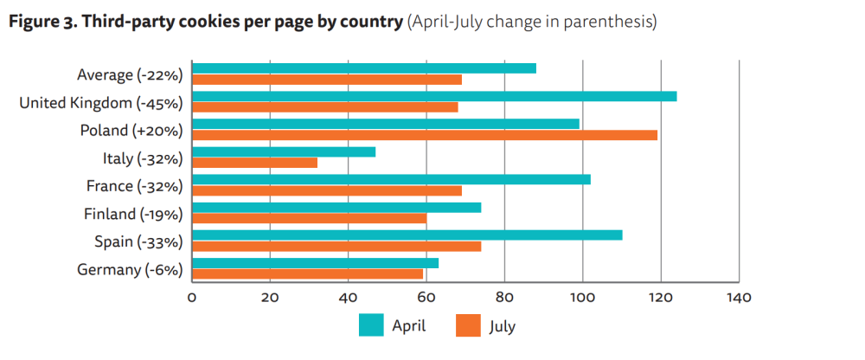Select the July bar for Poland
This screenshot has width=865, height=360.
(x=425, y=135)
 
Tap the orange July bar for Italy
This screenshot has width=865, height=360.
(x=255, y=163)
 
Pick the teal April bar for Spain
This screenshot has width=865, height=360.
(x=407, y=235)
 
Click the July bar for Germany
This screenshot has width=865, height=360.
(x=307, y=273)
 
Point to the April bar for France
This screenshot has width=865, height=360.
(x=391, y=179)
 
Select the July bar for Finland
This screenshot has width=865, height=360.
(x=310, y=218)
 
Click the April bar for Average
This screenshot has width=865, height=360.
(x=364, y=68)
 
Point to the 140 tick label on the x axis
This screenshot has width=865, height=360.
(x=739, y=299)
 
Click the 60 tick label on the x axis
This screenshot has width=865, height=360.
(x=426, y=299)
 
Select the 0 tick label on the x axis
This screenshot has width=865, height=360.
(x=191, y=299)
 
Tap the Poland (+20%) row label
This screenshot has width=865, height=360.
(x=131, y=131)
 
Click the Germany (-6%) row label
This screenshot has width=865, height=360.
(x=130, y=270)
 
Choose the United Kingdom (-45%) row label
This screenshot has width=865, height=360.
(x=101, y=103)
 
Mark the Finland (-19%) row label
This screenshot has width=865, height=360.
(x=133, y=215)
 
